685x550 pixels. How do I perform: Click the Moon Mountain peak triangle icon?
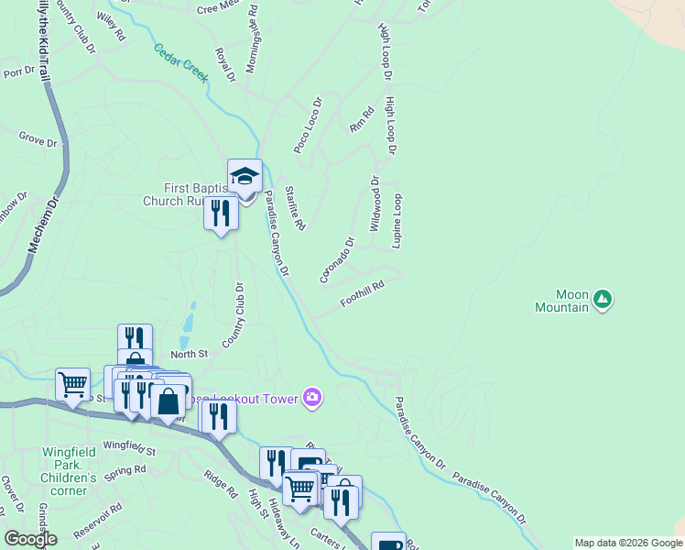pos(602,298)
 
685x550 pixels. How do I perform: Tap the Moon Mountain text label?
pos(561,302)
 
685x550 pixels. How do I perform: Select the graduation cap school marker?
pos(245,175)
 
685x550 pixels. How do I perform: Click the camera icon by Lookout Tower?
pos(313,397)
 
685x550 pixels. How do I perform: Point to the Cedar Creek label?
pos(180,62)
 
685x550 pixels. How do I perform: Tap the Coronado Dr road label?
pos(337,261)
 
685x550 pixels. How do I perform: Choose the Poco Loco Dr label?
pos(308,126)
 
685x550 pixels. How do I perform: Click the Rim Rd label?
pos(363,120)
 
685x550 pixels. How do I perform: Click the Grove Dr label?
pos(38,139)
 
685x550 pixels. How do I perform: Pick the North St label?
pos(190,353)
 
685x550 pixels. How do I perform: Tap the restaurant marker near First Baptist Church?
pos(221,213)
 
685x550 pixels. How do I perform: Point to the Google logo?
pos(30,538)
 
